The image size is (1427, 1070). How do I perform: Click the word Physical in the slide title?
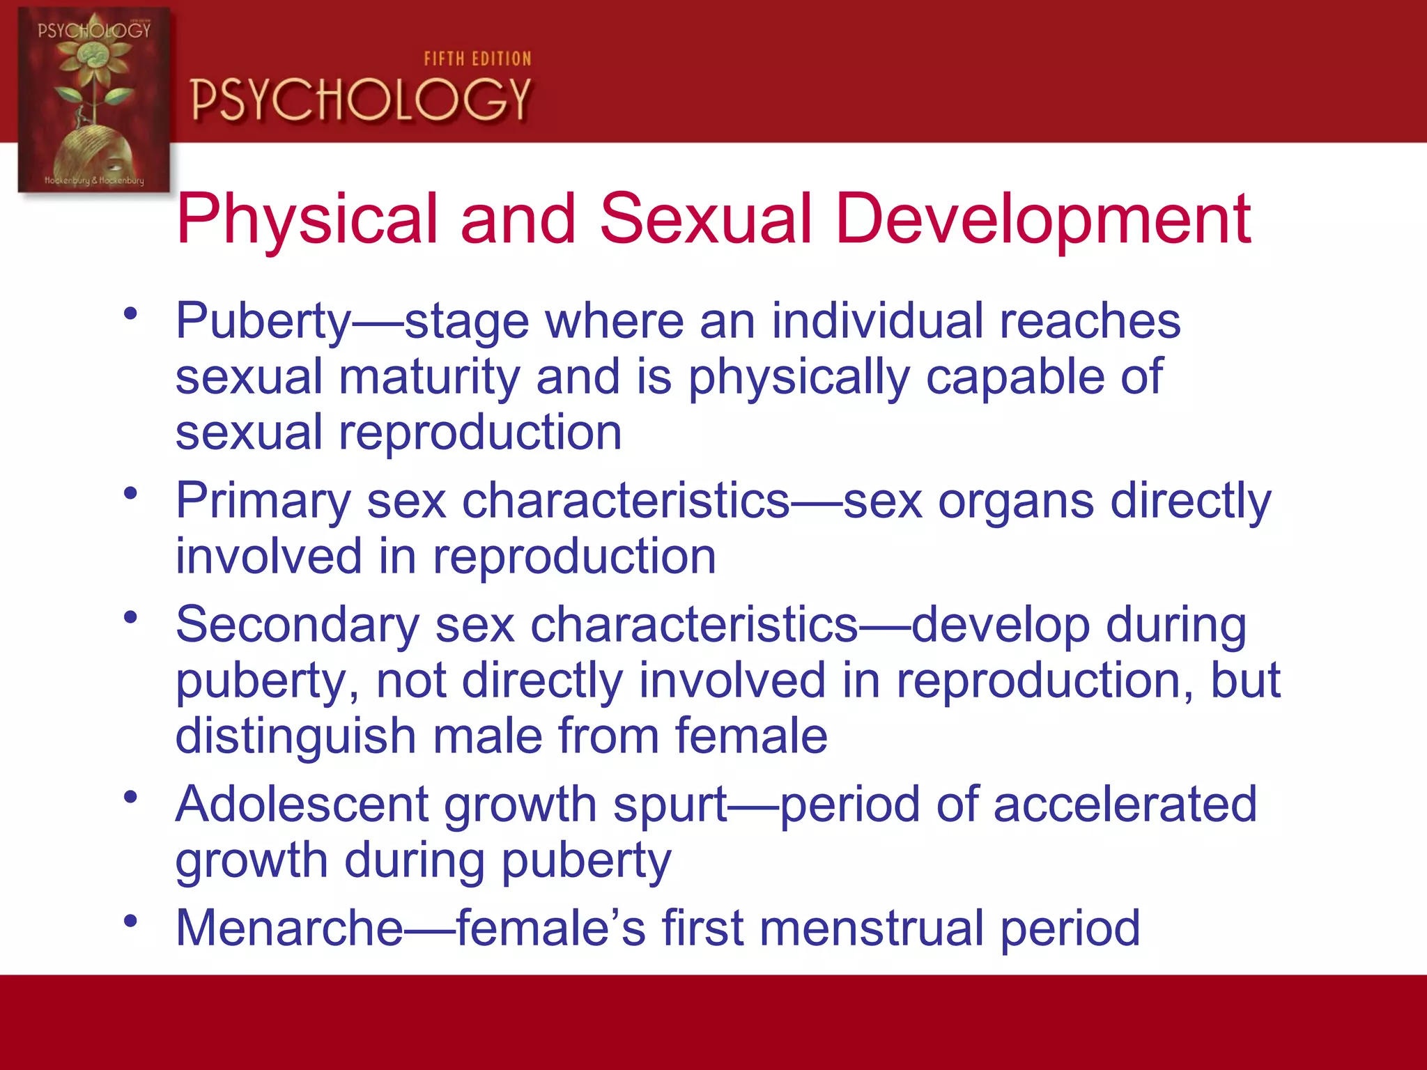tap(307, 219)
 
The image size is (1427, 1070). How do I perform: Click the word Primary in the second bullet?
tap(263, 502)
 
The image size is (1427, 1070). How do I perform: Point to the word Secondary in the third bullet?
tap(298, 625)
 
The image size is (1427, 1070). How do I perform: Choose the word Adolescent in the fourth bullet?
tap(302, 805)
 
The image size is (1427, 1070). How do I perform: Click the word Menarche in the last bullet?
tap(289, 928)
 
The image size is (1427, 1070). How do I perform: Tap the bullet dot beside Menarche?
tap(130, 922)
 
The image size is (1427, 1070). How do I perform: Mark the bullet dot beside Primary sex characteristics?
tap(130, 494)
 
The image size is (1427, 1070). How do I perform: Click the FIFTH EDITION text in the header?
tap(477, 59)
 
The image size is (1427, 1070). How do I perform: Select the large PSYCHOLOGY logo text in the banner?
tap(361, 100)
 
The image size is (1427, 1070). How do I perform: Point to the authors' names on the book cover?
tap(94, 180)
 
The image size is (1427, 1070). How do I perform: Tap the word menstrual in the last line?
tap(871, 928)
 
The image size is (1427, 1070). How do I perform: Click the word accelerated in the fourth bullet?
tap(1125, 805)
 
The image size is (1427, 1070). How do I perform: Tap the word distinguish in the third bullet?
tap(295, 736)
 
